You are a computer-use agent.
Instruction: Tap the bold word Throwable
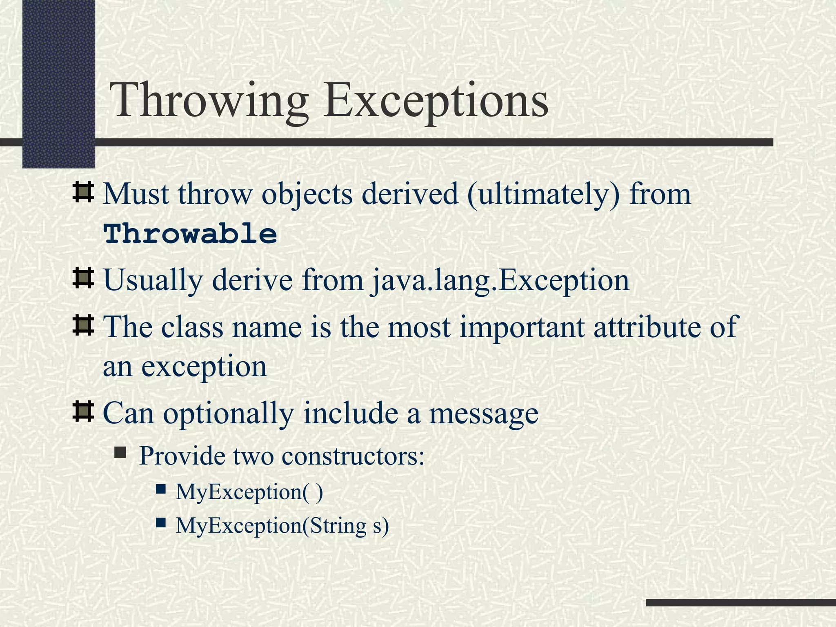point(190,234)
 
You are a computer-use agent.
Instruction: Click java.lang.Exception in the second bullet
point(500,280)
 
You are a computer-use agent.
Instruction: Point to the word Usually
point(153,280)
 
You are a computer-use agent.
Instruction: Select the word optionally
point(229,413)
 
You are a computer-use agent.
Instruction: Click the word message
point(483,414)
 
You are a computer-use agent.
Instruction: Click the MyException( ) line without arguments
point(249,491)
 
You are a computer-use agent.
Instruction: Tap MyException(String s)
point(282,525)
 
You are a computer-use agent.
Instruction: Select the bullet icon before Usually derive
point(83,278)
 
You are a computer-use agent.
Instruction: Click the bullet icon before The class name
point(83,325)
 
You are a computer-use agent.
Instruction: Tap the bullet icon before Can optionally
point(83,411)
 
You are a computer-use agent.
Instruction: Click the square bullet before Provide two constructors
point(120,452)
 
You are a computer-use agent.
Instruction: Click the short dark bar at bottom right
point(741,603)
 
